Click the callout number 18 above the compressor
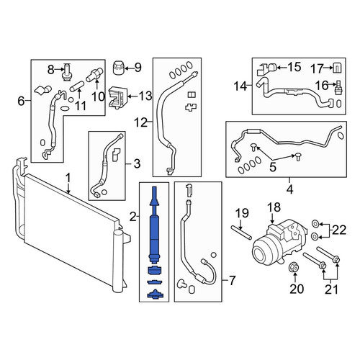tap(274, 207)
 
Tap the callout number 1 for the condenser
tap(68, 179)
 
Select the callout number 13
tap(145, 96)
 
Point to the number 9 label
tap(138, 68)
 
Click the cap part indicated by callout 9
tap(118, 68)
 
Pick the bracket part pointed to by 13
tap(118, 98)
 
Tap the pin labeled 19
tap(241, 232)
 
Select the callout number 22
tap(339, 230)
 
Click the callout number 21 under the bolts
tap(331, 289)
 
